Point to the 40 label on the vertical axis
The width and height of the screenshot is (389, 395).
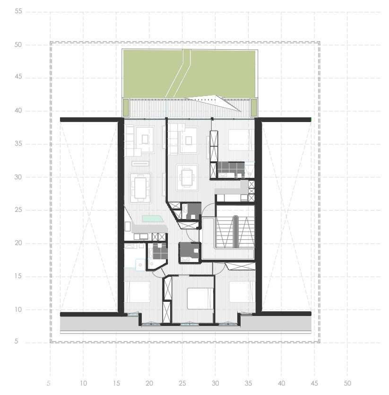coord(19,111)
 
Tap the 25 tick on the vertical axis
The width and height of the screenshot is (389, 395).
coord(19,210)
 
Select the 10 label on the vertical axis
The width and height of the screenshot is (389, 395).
coord(19,309)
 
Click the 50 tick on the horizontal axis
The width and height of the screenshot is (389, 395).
coord(347,383)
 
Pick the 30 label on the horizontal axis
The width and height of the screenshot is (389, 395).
coord(216,383)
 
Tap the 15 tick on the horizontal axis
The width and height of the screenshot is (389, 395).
coord(116,383)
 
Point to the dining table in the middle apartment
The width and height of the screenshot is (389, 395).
coord(187,177)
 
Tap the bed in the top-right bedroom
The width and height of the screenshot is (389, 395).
coord(240,140)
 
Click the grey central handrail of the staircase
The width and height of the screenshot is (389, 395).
coord(235,231)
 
